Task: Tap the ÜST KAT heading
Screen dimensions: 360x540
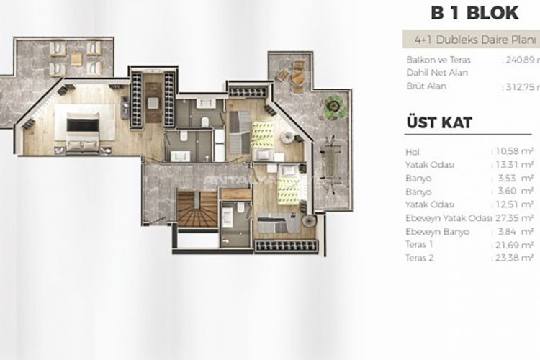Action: tap(438, 122)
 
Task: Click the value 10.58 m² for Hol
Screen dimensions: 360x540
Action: tap(513, 151)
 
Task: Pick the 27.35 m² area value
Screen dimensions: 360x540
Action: tap(513, 219)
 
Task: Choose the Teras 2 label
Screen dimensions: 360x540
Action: tap(420, 257)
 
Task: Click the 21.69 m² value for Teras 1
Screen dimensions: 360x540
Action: tap(513, 246)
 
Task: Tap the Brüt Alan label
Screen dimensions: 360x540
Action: tap(426, 86)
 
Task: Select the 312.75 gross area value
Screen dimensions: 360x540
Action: tap(521, 86)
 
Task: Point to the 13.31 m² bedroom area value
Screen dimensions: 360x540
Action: tap(513, 165)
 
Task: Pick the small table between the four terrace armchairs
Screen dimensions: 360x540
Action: tap(76, 58)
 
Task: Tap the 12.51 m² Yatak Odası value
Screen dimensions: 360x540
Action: tap(513, 205)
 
